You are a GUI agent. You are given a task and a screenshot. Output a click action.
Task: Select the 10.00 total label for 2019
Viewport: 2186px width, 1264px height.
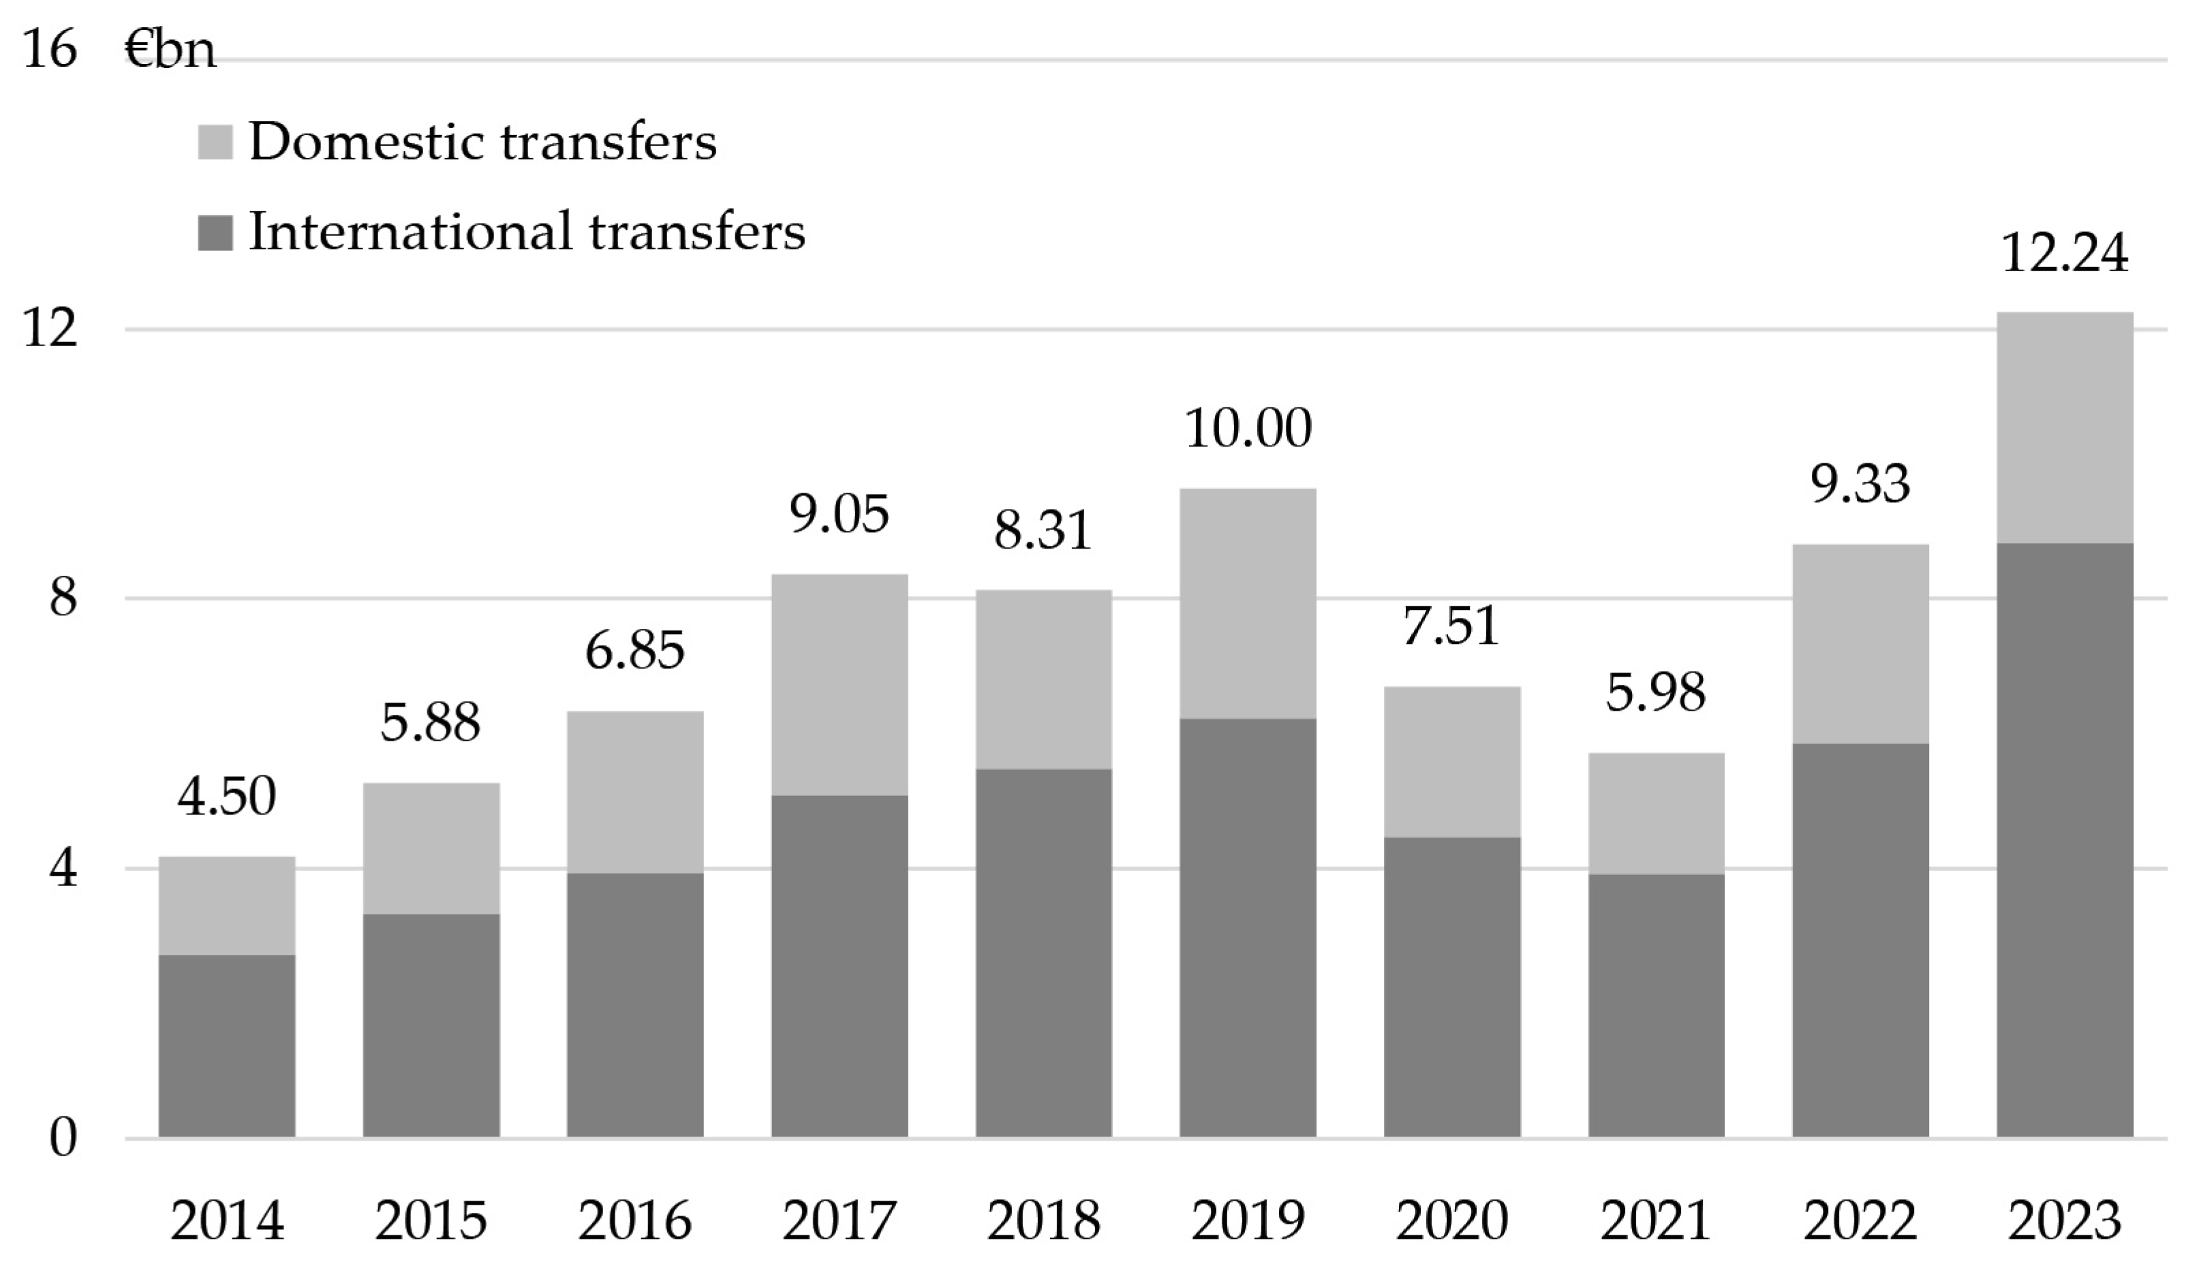click(1248, 429)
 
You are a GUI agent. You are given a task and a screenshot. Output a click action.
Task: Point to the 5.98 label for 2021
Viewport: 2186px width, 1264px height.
click(1655, 692)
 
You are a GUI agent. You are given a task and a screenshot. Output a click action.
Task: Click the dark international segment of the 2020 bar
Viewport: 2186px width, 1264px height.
click(1451, 987)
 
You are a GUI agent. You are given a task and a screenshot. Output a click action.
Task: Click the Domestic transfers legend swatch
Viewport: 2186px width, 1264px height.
click(215, 142)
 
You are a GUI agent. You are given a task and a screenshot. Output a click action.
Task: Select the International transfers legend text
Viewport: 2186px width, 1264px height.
click(527, 232)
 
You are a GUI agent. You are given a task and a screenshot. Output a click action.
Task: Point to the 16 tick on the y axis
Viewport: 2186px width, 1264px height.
click(50, 48)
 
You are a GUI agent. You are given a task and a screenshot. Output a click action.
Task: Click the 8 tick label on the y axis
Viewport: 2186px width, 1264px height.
click(63, 598)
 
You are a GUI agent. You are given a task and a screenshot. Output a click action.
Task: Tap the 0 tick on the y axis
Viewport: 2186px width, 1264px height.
click(63, 1137)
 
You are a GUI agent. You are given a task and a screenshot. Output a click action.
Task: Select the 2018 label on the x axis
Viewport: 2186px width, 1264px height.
click(1043, 1220)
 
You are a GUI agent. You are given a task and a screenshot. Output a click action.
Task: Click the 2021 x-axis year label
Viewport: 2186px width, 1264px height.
click(1655, 1220)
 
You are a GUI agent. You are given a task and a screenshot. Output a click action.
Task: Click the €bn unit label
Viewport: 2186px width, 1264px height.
click(170, 50)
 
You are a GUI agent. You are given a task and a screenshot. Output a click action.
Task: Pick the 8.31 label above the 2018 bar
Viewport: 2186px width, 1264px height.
click(1043, 531)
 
